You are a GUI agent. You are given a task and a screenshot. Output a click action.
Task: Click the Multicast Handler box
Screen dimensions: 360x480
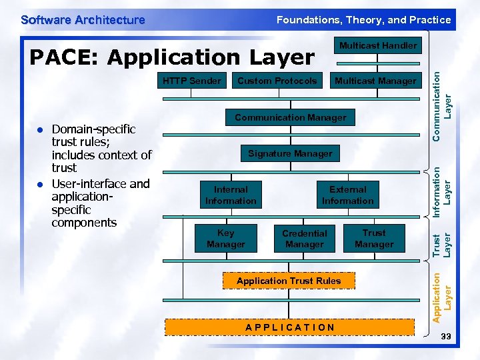pyautogui.click(x=378, y=46)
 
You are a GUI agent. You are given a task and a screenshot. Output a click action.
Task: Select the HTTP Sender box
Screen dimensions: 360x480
pyautogui.click(x=192, y=81)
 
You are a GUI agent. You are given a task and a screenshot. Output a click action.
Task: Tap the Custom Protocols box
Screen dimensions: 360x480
pyautogui.click(x=277, y=81)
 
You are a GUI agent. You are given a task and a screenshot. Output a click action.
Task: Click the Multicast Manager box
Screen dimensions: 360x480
pyautogui.click(x=375, y=81)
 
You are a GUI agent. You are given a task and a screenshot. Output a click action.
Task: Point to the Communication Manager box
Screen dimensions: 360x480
pyautogui.click(x=291, y=117)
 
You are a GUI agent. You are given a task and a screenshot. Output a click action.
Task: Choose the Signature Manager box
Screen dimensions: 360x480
pyautogui.click(x=290, y=153)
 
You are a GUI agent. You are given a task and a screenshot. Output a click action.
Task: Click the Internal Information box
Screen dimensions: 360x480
pyautogui.click(x=231, y=195)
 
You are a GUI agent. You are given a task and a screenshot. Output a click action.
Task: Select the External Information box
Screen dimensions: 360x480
pyautogui.click(x=348, y=195)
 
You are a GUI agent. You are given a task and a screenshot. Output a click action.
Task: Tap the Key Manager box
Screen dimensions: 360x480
pyautogui.click(x=226, y=239)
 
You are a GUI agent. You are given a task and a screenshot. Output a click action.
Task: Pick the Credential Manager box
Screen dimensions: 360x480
pyautogui.click(x=305, y=239)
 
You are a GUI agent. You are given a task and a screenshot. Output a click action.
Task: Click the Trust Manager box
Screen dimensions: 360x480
pyautogui.click(x=374, y=239)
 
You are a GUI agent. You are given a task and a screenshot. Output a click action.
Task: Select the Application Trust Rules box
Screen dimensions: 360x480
pyautogui.click(x=289, y=281)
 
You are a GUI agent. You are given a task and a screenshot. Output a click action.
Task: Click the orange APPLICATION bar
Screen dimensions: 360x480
pyautogui.click(x=290, y=327)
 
